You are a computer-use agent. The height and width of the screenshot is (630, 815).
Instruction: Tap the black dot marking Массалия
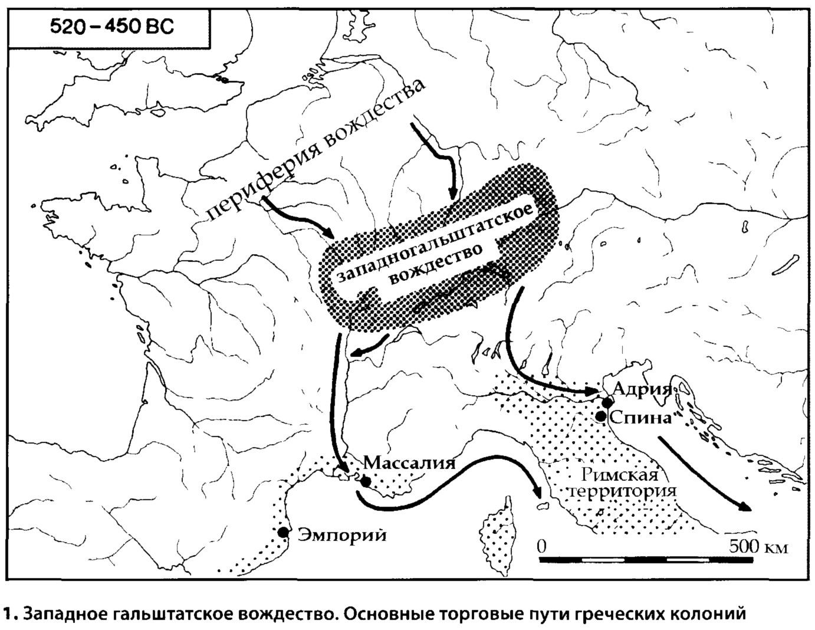[366, 481]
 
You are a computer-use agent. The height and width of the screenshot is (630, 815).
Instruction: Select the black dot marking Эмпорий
[283, 532]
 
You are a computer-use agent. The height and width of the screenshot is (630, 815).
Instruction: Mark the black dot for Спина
[600, 416]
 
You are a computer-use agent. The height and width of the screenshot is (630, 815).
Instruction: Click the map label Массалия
[409, 462]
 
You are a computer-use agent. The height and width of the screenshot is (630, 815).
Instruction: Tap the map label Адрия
[642, 388]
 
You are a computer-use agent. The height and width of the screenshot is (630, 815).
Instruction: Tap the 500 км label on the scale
[757, 546]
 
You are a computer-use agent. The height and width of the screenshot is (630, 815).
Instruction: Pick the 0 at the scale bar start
[543, 546]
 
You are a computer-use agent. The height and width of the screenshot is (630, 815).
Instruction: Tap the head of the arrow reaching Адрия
[592, 391]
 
